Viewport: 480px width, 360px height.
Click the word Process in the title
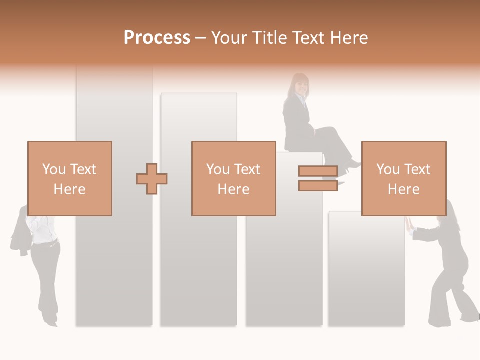pyautogui.click(x=157, y=38)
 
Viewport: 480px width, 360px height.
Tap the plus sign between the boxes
pyautogui.click(x=152, y=179)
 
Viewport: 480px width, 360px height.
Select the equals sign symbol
pyautogui.click(x=318, y=178)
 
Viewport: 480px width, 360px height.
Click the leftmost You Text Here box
pyautogui.click(x=69, y=179)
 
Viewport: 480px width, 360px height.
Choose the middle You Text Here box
pyautogui.click(x=233, y=179)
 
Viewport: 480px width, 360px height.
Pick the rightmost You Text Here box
pyautogui.click(x=403, y=179)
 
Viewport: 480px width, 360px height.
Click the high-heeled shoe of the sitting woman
pyautogui.click(x=353, y=165)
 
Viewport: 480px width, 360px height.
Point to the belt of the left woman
pyautogui.click(x=45, y=244)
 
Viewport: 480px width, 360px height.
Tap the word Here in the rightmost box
pyautogui.click(x=403, y=189)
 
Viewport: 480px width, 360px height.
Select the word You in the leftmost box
pyautogui.click(x=53, y=169)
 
